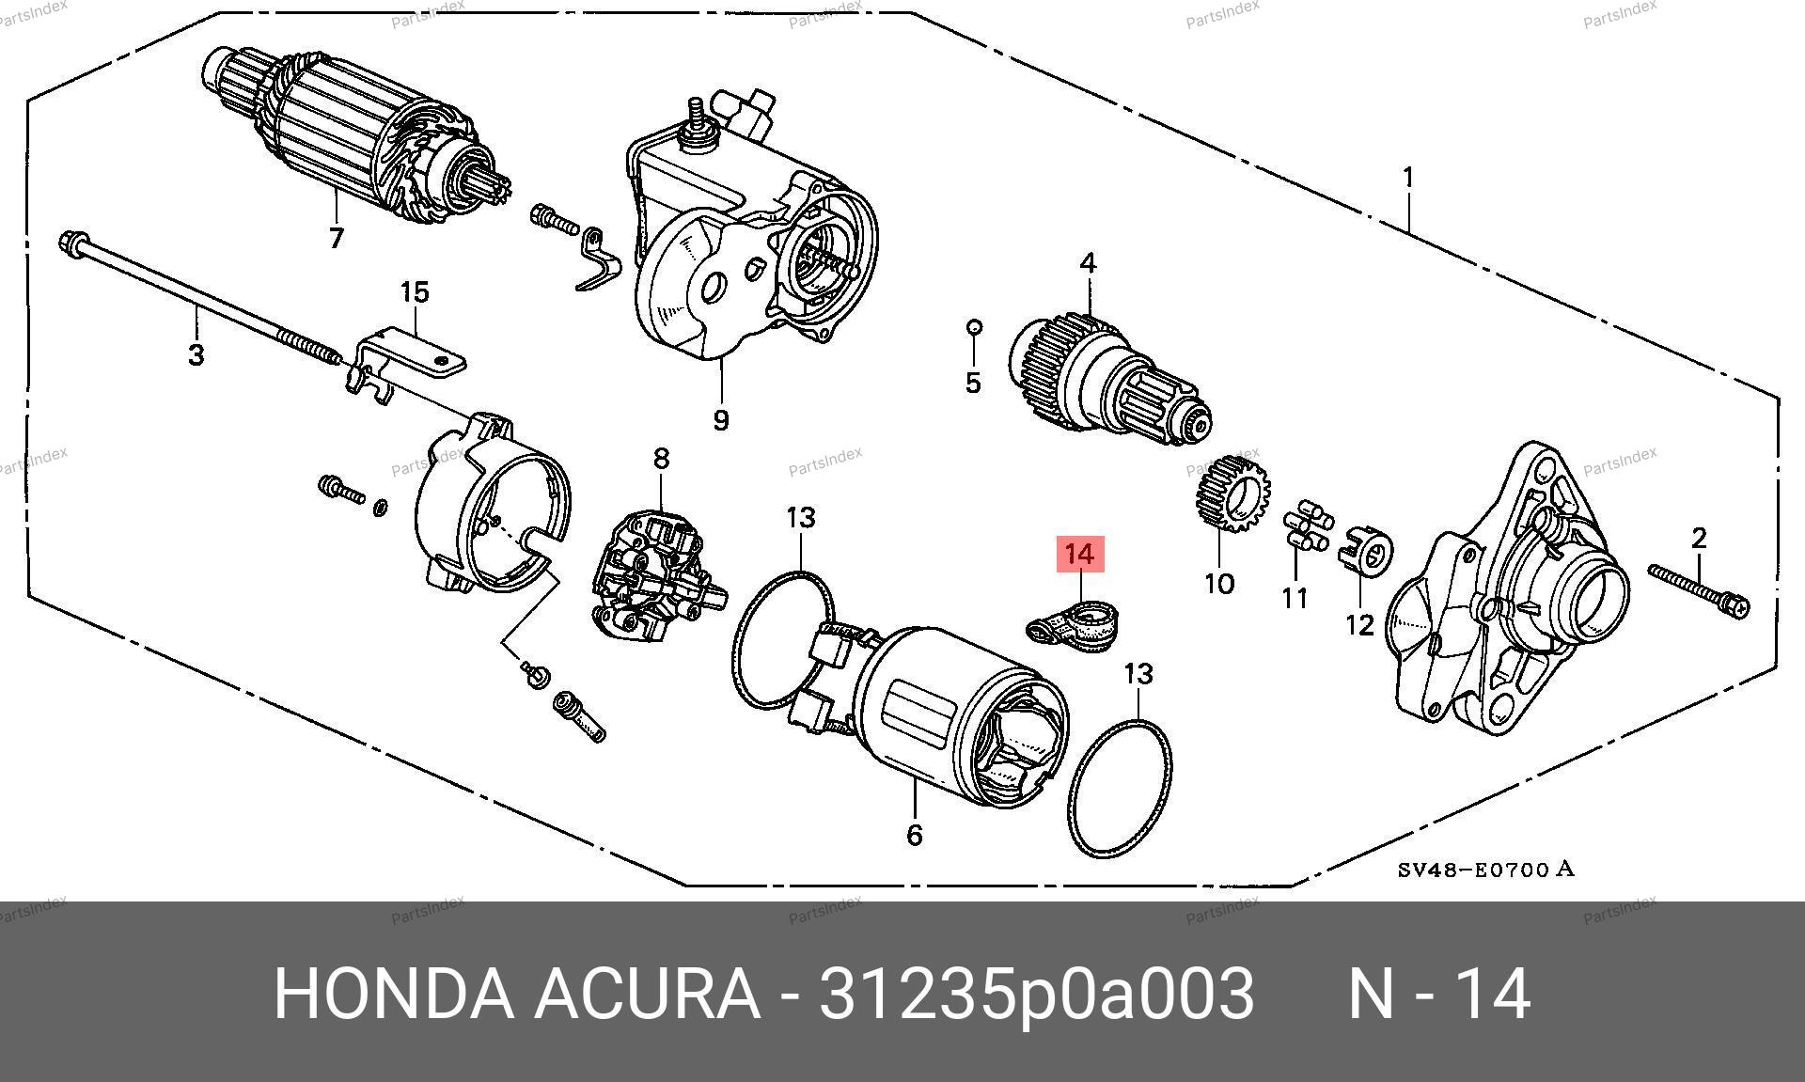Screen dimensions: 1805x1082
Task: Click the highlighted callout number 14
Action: pyautogui.click(x=1079, y=555)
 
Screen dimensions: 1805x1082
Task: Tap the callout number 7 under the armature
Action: pyautogui.click(x=337, y=238)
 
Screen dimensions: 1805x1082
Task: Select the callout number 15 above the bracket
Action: pyautogui.click(x=414, y=292)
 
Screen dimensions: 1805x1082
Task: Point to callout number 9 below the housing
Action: pyautogui.click(x=720, y=419)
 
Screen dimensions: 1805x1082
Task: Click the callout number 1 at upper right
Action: pyautogui.click(x=1408, y=177)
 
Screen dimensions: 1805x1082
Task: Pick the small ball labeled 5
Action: pyautogui.click(x=974, y=326)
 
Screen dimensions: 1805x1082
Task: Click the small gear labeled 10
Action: pyautogui.click(x=1233, y=494)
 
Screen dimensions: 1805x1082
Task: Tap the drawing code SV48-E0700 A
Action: pyautogui.click(x=1485, y=870)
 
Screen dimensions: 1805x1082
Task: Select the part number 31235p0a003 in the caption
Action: pyautogui.click(x=1037, y=994)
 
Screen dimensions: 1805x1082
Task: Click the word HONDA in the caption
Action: pyautogui.click(x=393, y=994)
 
